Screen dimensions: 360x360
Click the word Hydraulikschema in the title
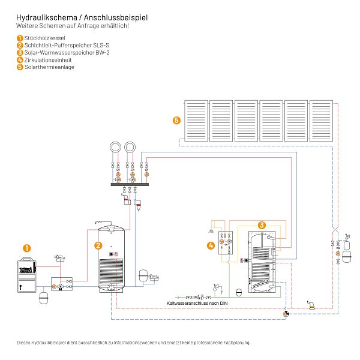(47, 17)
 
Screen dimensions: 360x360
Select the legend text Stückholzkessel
(45, 38)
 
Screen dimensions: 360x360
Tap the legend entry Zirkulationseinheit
(48, 60)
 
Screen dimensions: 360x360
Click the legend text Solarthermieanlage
(49, 67)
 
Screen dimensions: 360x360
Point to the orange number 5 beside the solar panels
(176, 121)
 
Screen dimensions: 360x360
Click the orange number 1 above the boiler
(27, 248)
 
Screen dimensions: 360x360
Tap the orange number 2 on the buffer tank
(98, 245)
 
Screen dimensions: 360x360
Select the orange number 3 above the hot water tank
(262, 225)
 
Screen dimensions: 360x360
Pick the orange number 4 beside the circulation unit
(211, 245)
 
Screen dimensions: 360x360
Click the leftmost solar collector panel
(196, 121)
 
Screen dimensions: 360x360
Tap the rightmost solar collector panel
(321, 121)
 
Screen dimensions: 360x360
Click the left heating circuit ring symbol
(115, 147)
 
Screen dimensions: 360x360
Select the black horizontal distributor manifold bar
(130, 184)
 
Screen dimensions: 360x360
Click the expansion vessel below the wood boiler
(44, 298)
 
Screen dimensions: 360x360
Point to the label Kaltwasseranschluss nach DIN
(197, 303)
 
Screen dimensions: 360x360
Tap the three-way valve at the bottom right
(286, 313)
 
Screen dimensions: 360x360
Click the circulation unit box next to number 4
(226, 242)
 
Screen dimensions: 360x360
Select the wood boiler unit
(27, 275)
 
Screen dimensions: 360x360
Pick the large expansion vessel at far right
(347, 257)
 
